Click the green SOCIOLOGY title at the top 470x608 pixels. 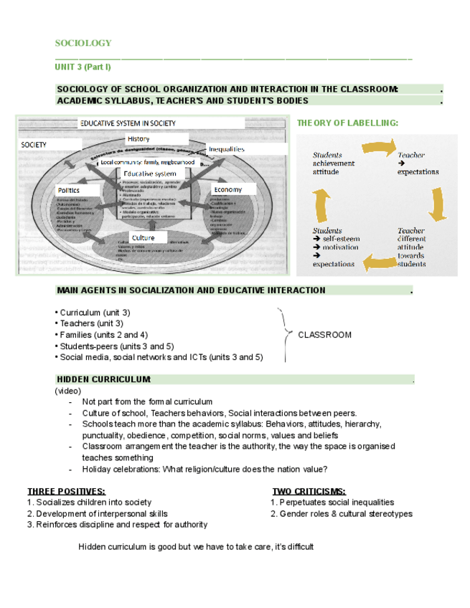pyautogui.click(x=83, y=44)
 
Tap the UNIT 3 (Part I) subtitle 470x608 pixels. pyautogui.click(x=83, y=67)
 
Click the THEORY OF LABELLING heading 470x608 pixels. pyautogui.click(x=347, y=123)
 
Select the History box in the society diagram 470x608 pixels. pyautogui.click(x=138, y=138)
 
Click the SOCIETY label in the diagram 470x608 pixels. pyautogui.click(x=34, y=145)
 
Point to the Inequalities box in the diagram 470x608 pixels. pyautogui.click(x=227, y=149)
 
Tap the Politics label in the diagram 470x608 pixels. pyautogui.click(x=69, y=189)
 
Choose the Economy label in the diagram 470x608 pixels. pyautogui.click(x=227, y=189)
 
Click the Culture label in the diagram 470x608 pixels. pyautogui.click(x=143, y=237)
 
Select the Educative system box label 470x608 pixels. pyautogui.click(x=150, y=174)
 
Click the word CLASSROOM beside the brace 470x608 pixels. pyautogui.click(x=324, y=335)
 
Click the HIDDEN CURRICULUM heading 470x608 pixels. pyautogui.click(x=103, y=379)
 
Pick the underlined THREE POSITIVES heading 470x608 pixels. pyautogui.click(x=66, y=491)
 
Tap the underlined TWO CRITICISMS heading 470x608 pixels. pyautogui.click(x=309, y=491)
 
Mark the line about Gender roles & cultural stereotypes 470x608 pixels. pyautogui.click(x=342, y=513)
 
